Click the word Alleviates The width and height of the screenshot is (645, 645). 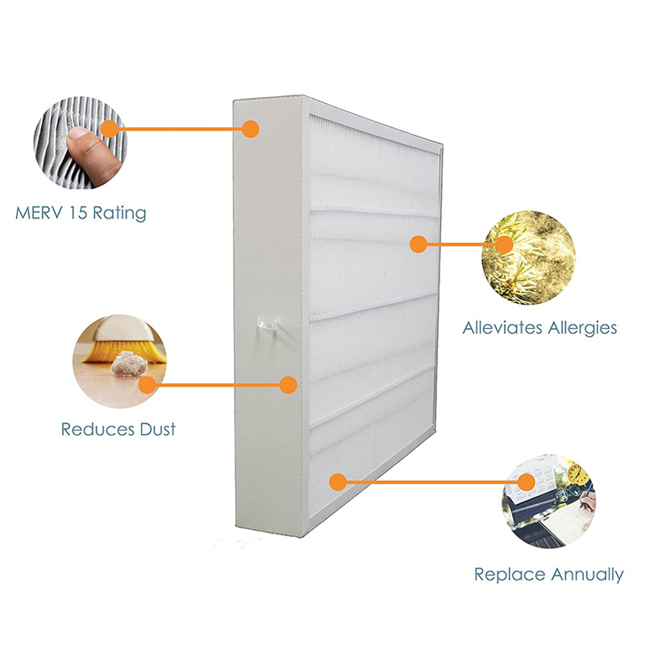click(x=503, y=328)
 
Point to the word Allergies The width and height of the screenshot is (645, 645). click(x=582, y=328)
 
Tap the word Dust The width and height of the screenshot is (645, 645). click(x=155, y=428)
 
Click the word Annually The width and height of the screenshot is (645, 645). click(x=586, y=575)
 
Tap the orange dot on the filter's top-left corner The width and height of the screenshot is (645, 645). click(x=251, y=128)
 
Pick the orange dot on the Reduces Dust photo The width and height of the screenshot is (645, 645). click(x=145, y=385)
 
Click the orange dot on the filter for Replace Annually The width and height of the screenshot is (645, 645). click(x=338, y=482)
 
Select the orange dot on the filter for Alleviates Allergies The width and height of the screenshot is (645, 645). click(x=418, y=243)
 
